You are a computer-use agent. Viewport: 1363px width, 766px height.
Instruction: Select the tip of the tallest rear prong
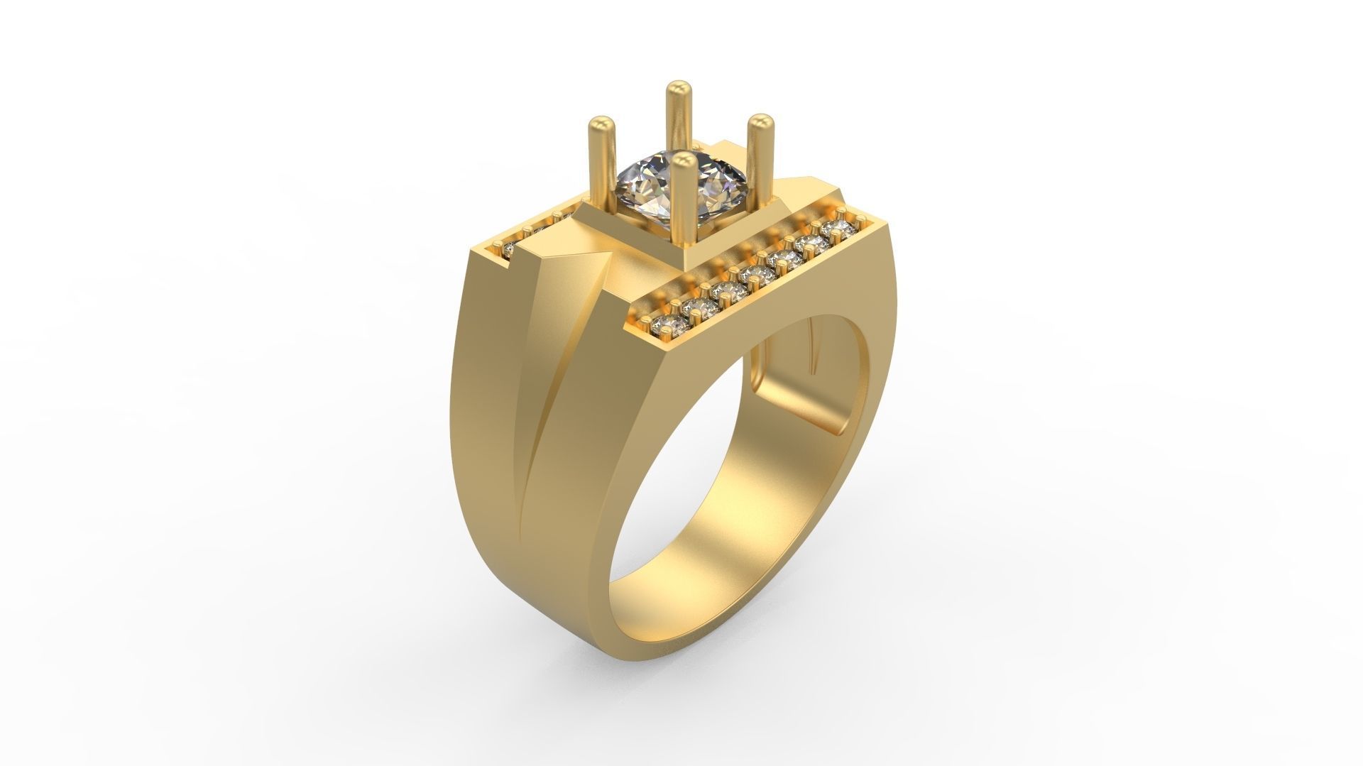tap(679, 89)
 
